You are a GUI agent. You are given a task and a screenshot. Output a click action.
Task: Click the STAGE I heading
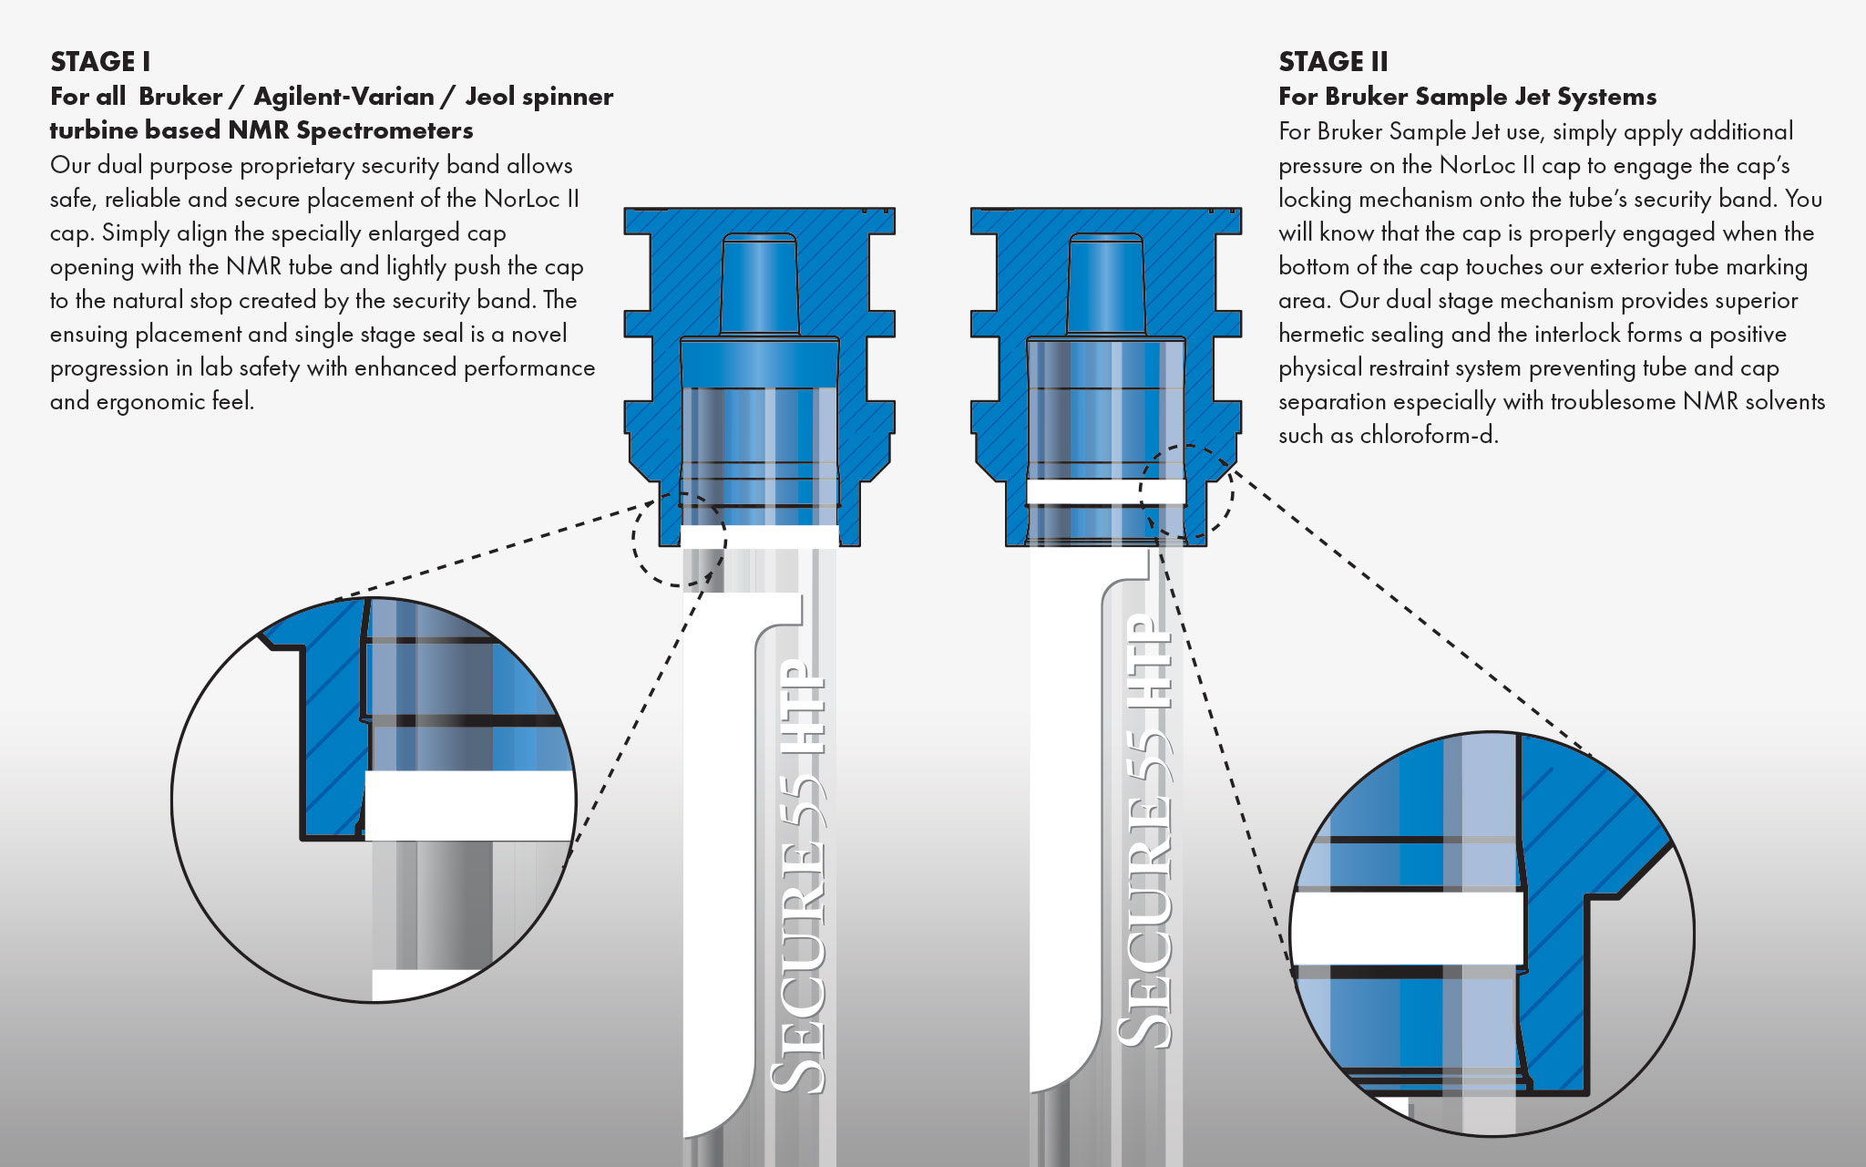(x=100, y=62)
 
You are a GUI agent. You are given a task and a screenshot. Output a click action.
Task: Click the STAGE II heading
(x=1333, y=62)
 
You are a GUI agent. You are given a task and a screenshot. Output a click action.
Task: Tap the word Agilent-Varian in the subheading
(x=343, y=97)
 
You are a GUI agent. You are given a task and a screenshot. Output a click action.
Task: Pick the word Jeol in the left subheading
(x=492, y=97)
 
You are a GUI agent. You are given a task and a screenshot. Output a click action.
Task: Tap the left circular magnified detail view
(x=374, y=800)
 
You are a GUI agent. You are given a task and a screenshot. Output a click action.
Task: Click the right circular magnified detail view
(x=1492, y=934)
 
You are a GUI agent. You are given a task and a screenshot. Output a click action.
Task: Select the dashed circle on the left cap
(x=680, y=539)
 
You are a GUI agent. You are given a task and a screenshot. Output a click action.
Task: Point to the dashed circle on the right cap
(x=1186, y=492)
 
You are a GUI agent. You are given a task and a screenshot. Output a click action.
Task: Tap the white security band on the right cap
(x=1106, y=491)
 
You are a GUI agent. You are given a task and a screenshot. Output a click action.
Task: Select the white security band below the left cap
(x=760, y=536)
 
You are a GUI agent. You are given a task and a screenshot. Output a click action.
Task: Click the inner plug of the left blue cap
(x=760, y=284)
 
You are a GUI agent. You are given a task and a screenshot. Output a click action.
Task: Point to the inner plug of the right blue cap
(x=1106, y=284)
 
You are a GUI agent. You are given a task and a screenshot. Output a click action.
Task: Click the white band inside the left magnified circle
(x=470, y=806)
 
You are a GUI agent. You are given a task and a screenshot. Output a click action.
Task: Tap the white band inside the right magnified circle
(x=1408, y=928)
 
